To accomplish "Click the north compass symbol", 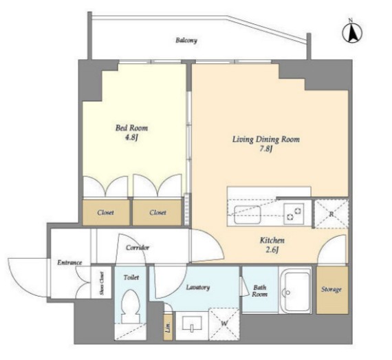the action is click(352, 32).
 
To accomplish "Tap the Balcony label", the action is click(186, 40).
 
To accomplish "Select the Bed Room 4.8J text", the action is click(131, 133).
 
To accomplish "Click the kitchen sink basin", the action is click(248, 214).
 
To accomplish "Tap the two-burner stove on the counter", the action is click(294, 214).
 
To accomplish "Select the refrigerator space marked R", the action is click(331, 214).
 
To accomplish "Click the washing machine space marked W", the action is click(224, 324).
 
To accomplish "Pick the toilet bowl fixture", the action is click(130, 306).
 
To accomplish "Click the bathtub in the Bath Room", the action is click(295, 290).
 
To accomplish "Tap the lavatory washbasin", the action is click(192, 324).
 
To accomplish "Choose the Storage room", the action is click(332, 290).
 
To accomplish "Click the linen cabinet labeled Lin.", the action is click(168, 326).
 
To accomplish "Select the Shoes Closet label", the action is click(102, 283).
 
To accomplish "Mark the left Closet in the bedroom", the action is click(106, 212).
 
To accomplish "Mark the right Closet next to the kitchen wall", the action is click(157, 212).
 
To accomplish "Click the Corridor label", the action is click(138, 248).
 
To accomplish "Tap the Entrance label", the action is click(69, 262).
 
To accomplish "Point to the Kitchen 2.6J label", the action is click(272, 245).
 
